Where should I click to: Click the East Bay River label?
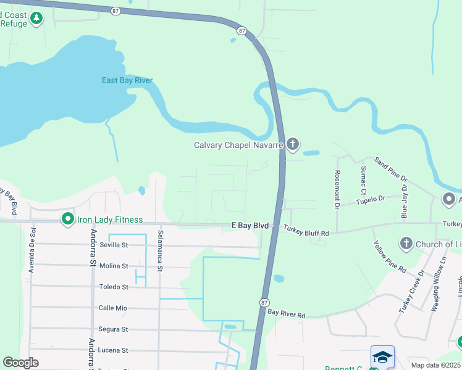pyautogui.click(x=127, y=81)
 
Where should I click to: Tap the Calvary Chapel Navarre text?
pyautogui.click(x=238, y=146)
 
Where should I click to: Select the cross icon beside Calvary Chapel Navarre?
pyautogui.click(x=293, y=145)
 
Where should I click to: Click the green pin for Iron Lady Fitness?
pyautogui.click(x=67, y=219)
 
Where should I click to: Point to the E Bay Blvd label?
pyautogui.click(x=250, y=226)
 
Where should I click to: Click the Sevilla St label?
pyautogui.click(x=114, y=245)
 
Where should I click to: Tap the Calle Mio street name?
pyautogui.click(x=112, y=308)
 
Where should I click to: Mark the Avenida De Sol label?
pyautogui.click(x=33, y=250)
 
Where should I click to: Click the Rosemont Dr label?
pyautogui.click(x=337, y=190)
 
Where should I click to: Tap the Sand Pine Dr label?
pyautogui.click(x=391, y=169)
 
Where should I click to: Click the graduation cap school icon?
pyautogui.click(x=382, y=357)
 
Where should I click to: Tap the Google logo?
pyautogui.click(x=21, y=363)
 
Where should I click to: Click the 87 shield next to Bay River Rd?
pyautogui.click(x=264, y=302)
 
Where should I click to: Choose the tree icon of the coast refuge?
pyautogui.click(x=37, y=18)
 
